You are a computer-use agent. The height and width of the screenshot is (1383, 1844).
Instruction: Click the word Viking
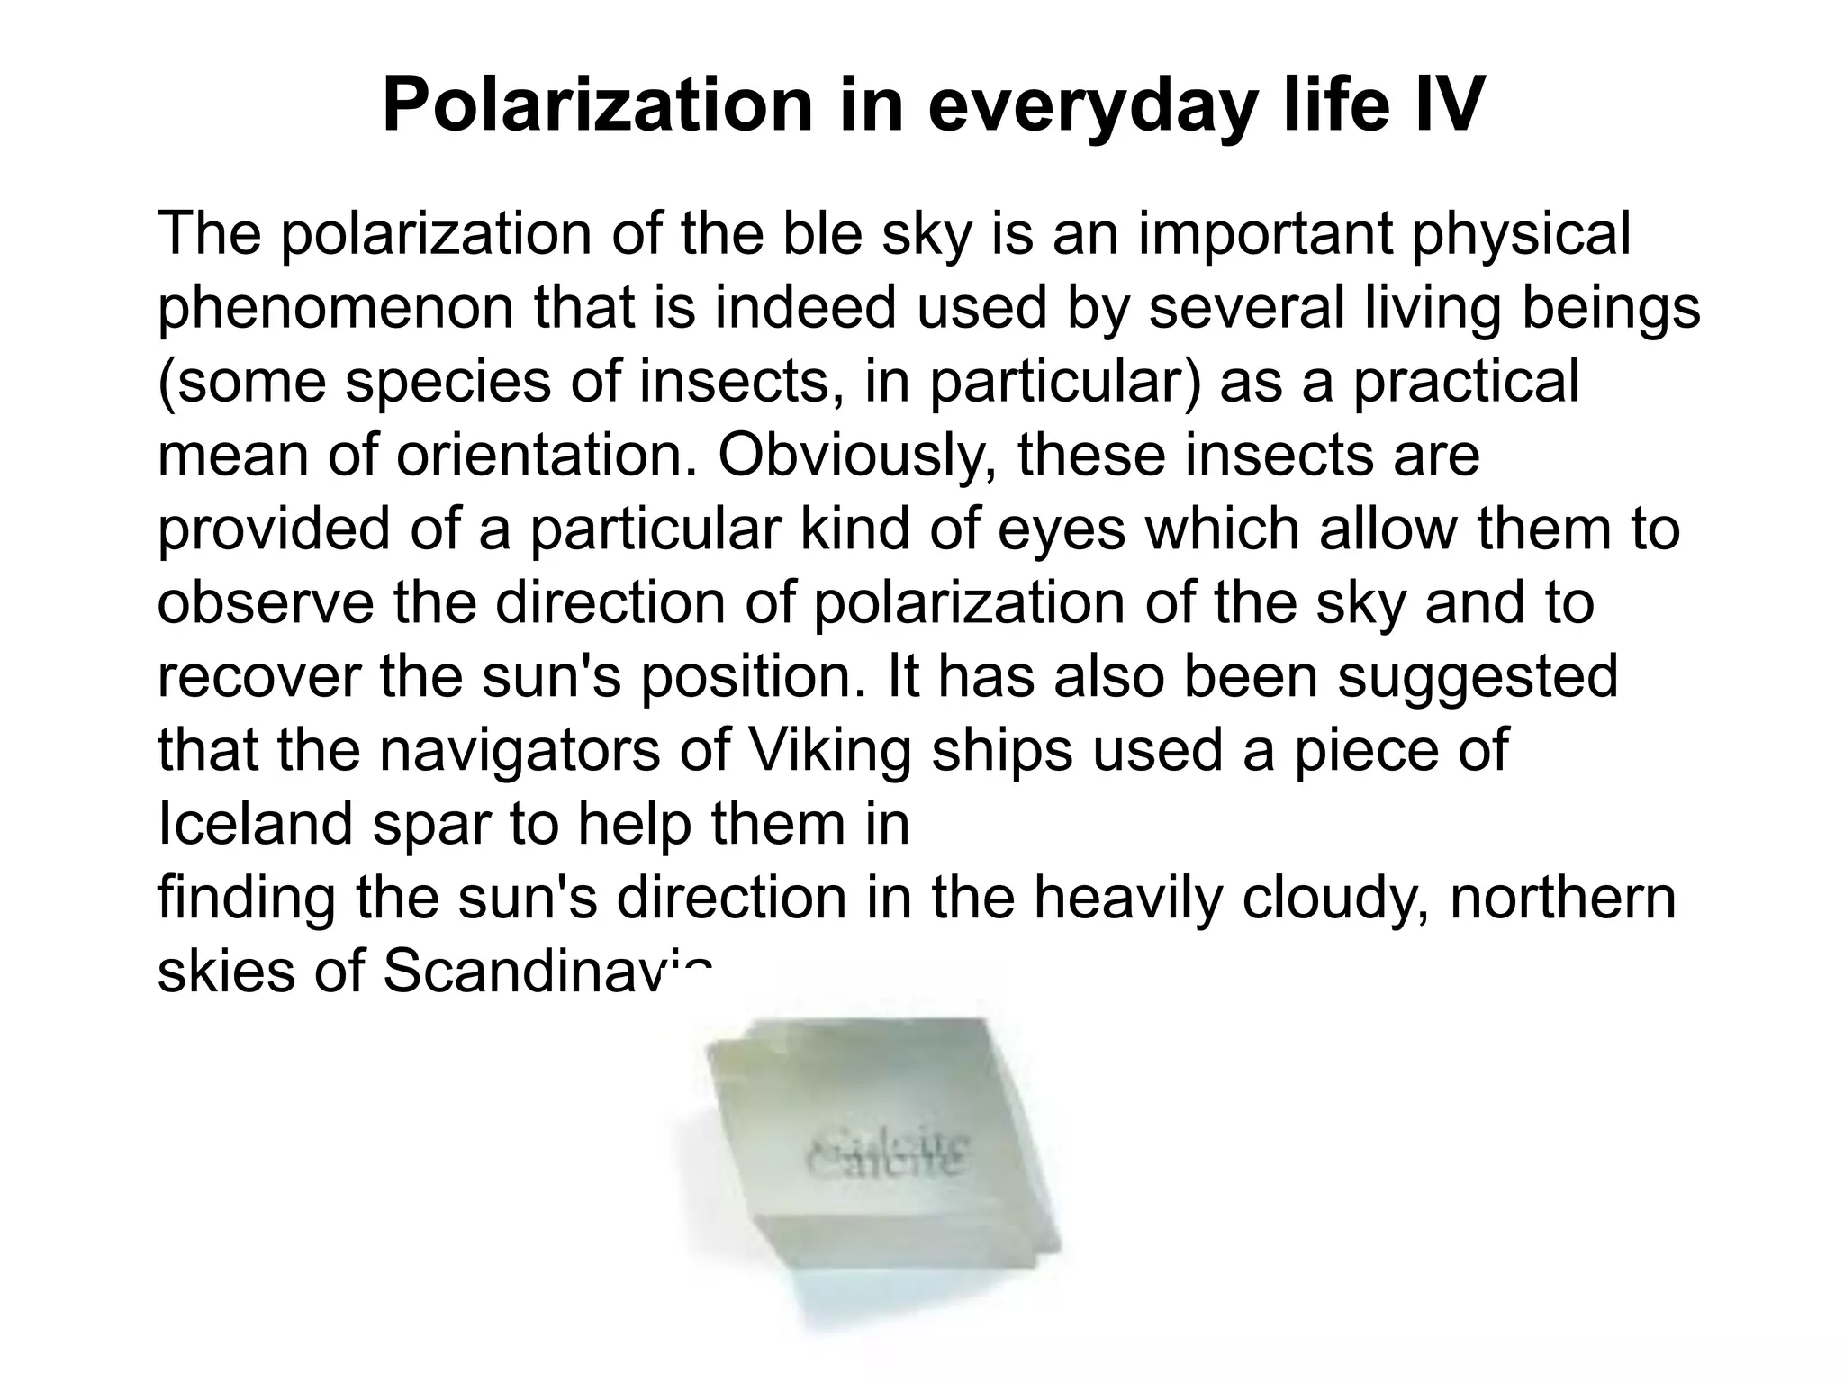[830, 750]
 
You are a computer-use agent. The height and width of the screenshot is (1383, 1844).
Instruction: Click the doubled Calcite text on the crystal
[887, 1155]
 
